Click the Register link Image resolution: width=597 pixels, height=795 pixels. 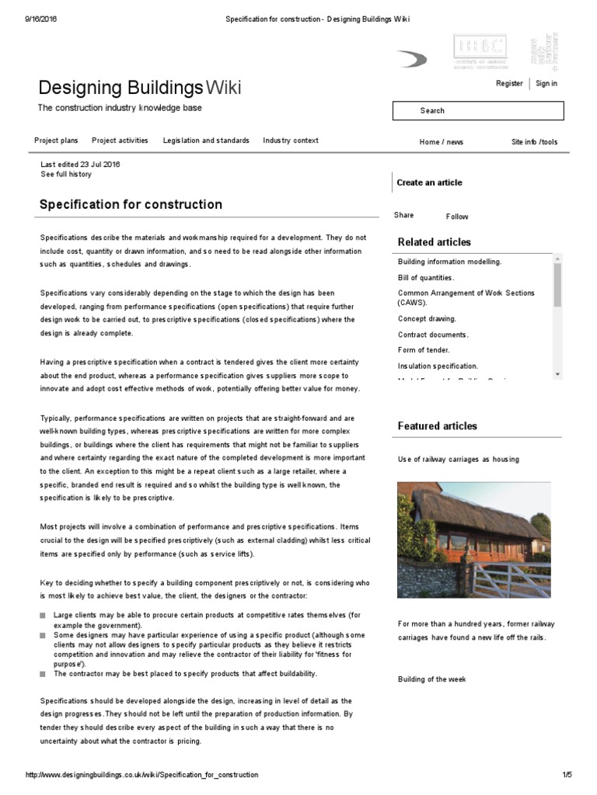[x=509, y=84]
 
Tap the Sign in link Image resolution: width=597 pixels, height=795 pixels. [x=546, y=84]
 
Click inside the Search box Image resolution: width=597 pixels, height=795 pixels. [x=477, y=111]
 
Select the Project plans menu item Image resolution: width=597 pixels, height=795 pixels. [x=56, y=141]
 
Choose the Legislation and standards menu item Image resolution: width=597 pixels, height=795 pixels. [x=206, y=141]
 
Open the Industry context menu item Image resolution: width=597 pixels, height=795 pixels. [x=291, y=141]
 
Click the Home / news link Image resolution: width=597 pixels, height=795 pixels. [x=441, y=142]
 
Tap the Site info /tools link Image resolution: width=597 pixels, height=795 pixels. [x=534, y=142]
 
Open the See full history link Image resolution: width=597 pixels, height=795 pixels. [x=66, y=175]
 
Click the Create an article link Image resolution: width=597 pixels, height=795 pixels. [x=429, y=182]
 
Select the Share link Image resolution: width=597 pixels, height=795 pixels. [x=404, y=215]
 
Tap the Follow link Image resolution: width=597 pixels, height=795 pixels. [x=457, y=217]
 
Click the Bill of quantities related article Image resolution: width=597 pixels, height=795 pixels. [x=426, y=277]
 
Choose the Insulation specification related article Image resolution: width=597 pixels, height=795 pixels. [x=438, y=366]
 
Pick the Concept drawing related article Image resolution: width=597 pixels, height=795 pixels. [x=427, y=318]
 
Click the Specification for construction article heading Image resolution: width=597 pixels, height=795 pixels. [x=131, y=205]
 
